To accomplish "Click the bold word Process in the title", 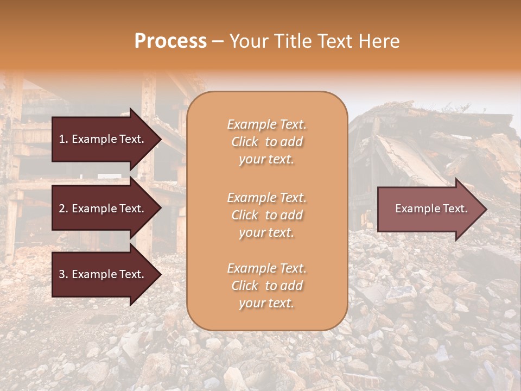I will point(170,41).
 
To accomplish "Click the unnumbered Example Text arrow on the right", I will point(431,209).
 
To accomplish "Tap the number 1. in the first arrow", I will point(63,139).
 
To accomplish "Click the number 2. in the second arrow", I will point(63,209).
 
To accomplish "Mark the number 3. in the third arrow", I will point(63,274).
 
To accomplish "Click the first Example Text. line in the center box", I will point(266,124).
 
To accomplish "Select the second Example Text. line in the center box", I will point(266,197).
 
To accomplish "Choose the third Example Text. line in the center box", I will point(266,268).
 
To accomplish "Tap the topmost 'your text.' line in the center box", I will point(266,160).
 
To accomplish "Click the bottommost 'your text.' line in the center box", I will point(266,304).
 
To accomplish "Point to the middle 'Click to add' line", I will point(266,215).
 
